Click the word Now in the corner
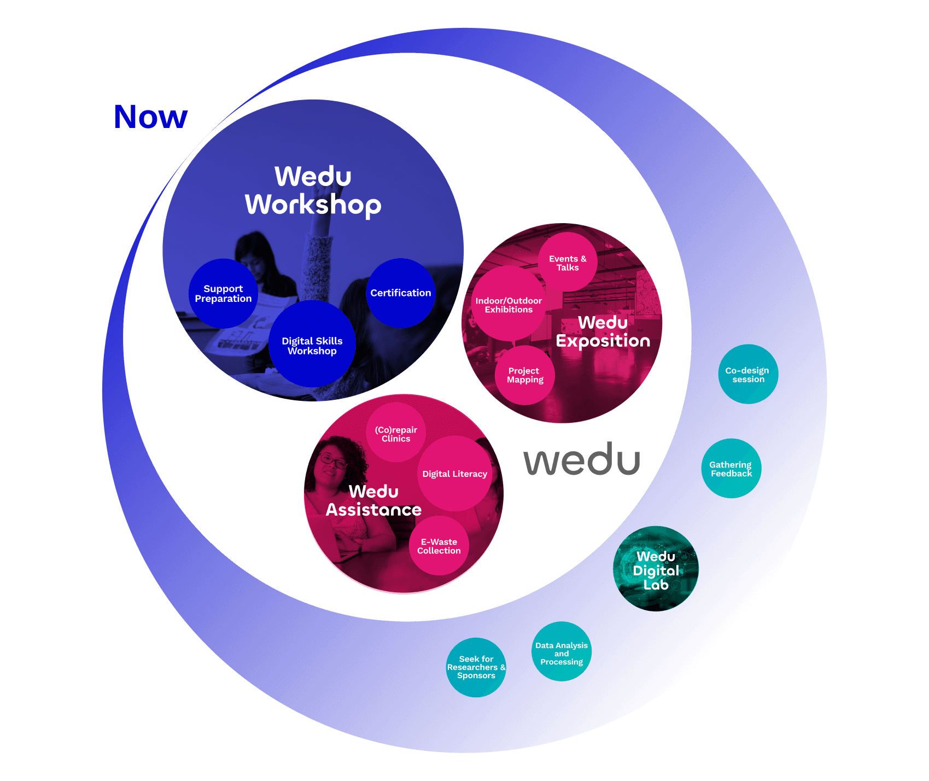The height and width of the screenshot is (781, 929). pos(151,117)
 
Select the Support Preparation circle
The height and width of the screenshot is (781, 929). pos(223,294)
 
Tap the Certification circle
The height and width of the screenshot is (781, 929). pos(401,293)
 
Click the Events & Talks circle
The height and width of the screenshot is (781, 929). pos(568,262)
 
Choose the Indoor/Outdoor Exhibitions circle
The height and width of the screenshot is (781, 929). pos(509,305)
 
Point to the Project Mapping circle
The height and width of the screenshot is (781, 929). pos(525,375)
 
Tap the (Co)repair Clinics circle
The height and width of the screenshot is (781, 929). pos(396,433)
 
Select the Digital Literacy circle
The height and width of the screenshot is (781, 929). pos(455,474)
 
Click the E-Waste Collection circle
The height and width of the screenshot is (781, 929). pos(439,546)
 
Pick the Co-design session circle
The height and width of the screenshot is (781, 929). pos(748,375)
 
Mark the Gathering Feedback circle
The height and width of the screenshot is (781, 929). pos(731,469)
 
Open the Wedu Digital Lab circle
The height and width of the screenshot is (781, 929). pos(656,569)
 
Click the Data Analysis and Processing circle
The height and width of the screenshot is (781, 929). pos(562,652)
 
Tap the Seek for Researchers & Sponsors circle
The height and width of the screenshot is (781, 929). pos(476,667)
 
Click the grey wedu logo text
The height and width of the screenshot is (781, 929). pos(582,460)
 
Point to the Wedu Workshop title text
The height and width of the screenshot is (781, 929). pos(313,190)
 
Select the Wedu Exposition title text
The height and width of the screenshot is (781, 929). pos(603,331)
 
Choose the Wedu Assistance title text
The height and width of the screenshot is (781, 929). pos(374,500)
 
